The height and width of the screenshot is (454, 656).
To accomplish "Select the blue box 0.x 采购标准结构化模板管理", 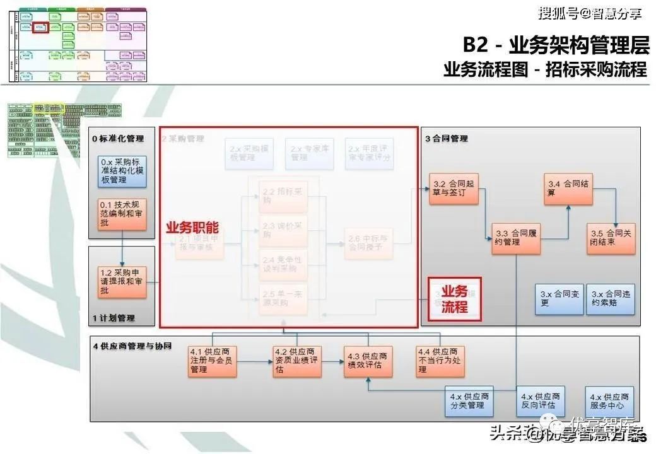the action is click(x=122, y=171).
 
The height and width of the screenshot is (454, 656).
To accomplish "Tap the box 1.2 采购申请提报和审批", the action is click(x=122, y=282).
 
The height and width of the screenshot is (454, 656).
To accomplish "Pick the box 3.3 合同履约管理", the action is click(x=516, y=237).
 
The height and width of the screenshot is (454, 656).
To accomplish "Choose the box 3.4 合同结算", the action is click(x=568, y=189).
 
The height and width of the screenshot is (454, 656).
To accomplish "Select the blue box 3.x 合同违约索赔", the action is click(x=611, y=298).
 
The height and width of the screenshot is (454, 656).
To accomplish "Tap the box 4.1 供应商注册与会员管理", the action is click(x=212, y=361).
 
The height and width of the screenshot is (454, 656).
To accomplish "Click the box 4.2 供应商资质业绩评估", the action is click(x=297, y=361).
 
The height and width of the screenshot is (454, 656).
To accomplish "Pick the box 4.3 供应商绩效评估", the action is click(x=367, y=361).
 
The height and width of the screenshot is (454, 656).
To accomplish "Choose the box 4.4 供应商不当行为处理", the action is click(x=439, y=361).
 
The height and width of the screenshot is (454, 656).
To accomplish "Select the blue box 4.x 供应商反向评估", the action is click(x=540, y=400).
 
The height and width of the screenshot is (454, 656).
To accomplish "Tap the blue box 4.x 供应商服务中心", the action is click(x=609, y=400).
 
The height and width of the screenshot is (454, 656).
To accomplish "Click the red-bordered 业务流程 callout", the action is click(x=454, y=299).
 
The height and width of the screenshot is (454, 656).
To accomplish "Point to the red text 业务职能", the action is click(x=192, y=228).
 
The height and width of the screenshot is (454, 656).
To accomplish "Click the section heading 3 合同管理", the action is click(x=447, y=138).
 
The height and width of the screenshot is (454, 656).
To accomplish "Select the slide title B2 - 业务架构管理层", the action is click(x=555, y=45).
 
